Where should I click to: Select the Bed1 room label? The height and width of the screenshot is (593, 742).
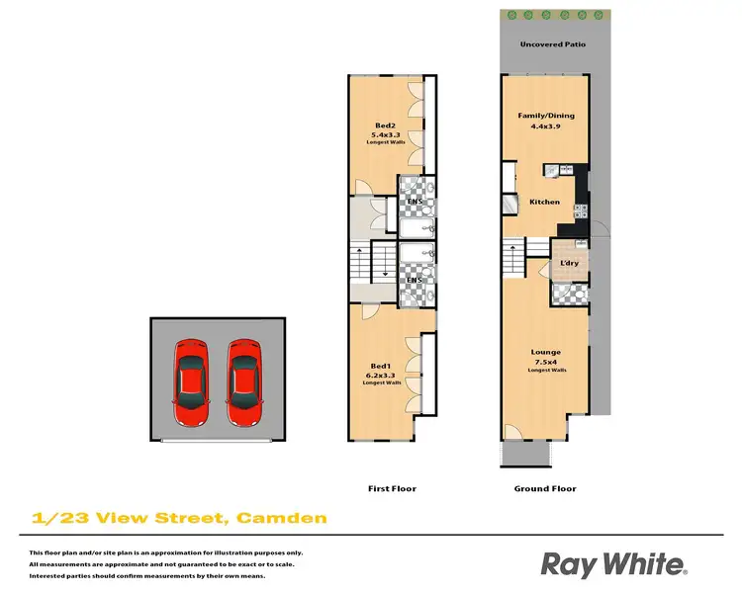380,367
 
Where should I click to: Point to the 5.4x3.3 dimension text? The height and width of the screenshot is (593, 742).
382,134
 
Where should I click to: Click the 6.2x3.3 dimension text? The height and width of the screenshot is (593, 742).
380,376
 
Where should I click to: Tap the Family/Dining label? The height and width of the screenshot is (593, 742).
546,116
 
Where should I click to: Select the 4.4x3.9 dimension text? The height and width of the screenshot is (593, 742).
546,126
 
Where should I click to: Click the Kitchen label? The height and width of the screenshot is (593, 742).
544,202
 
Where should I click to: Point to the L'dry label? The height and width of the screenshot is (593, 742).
569,262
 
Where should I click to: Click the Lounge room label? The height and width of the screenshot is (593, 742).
545,352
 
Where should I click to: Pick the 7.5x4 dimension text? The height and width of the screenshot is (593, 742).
545,362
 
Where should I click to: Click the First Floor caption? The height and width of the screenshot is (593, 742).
392,488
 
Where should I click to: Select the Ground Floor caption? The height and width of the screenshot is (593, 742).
545,488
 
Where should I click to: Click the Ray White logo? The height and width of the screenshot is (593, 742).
612,564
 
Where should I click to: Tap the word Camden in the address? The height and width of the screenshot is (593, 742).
283,517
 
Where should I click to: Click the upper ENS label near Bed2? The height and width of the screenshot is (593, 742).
415,203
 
